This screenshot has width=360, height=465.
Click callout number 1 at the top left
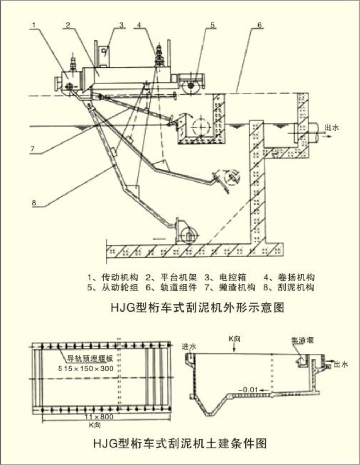34,25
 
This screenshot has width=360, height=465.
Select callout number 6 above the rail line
259,25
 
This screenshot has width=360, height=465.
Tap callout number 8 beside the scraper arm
34,203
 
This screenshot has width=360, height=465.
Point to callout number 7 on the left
32,149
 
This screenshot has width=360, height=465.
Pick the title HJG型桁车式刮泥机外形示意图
198,307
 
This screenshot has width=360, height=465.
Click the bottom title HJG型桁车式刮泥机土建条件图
180,443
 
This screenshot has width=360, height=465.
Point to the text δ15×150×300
86,368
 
